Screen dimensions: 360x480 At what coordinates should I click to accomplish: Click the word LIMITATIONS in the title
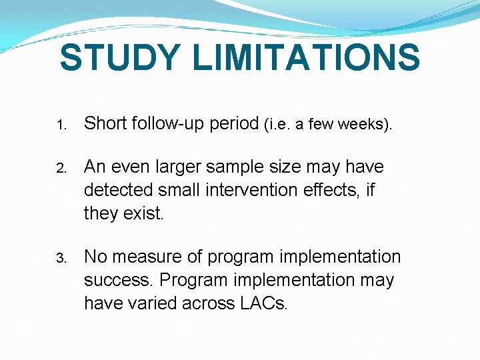(306, 57)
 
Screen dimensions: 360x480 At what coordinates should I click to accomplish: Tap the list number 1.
(60, 125)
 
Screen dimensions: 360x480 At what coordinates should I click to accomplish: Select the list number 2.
(60, 168)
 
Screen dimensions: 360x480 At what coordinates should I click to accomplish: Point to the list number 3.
(60, 259)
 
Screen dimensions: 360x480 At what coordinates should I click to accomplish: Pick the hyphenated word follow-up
(172, 124)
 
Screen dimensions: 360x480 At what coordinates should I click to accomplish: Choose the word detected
(115, 190)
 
